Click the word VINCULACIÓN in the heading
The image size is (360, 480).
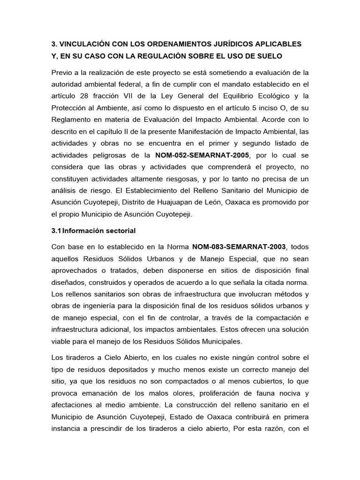coord(83,44)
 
